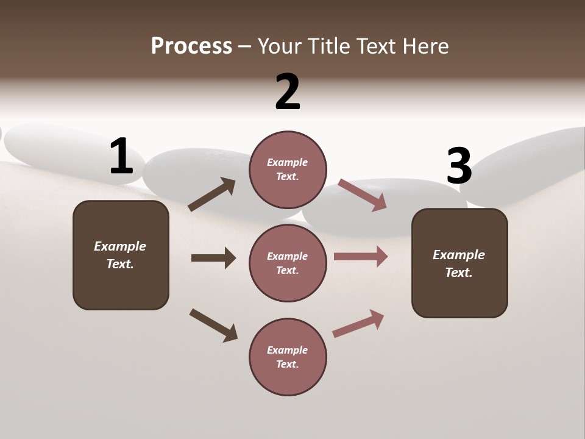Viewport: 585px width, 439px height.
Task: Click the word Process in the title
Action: pyautogui.click(x=191, y=46)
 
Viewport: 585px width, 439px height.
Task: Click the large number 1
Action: pyautogui.click(x=121, y=157)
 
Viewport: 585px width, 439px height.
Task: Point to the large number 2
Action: pyautogui.click(x=288, y=92)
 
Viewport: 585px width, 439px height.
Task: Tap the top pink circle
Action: pyautogui.click(x=288, y=170)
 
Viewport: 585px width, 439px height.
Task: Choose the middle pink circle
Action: pyautogui.click(x=288, y=263)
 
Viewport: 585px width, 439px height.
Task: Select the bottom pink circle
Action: pyautogui.click(x=288, y=357)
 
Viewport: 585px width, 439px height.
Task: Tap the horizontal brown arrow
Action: pyautogui.click(x=213, y=258)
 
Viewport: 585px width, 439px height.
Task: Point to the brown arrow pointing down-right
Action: pyautogui.click(x=213, y=324)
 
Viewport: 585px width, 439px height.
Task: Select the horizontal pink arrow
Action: pyautogui.click(x=361, y=256)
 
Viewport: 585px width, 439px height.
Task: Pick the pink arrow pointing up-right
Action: pyautogui.click(x=358, y=323)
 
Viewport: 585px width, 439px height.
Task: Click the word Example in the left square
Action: pyautogui.click(x=120, y=246)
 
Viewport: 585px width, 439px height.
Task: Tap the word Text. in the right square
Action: pyautogui.click(x=459, y=273)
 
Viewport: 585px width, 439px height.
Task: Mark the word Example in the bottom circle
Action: pyautogui.click(x=288, y=350)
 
